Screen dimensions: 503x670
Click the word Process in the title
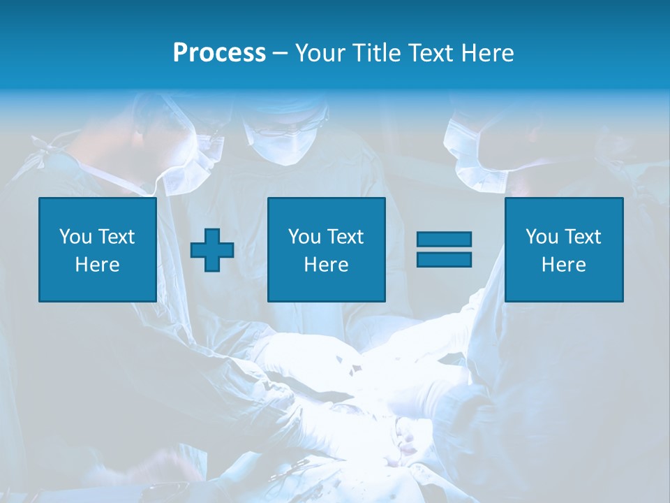tap(219, 53)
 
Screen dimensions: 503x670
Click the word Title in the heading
tap(376, 53)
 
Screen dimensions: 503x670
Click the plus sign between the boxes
tap(212, 250)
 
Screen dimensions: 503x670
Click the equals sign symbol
tap(444, 249)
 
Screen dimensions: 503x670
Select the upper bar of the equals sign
tap(444, 240)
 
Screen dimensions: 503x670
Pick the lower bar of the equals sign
tap(444, 259)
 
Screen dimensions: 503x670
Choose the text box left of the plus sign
tap(97, 249)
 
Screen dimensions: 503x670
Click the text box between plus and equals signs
tap(326, 249)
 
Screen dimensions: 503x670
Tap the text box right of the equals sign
tap(563, 249)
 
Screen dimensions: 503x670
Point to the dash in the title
tap(280, 53)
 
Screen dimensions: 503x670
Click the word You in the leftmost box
tap(75, 237)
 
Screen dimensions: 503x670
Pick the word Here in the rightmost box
tap(563, 265)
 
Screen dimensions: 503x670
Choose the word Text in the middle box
tap(345, 237)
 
